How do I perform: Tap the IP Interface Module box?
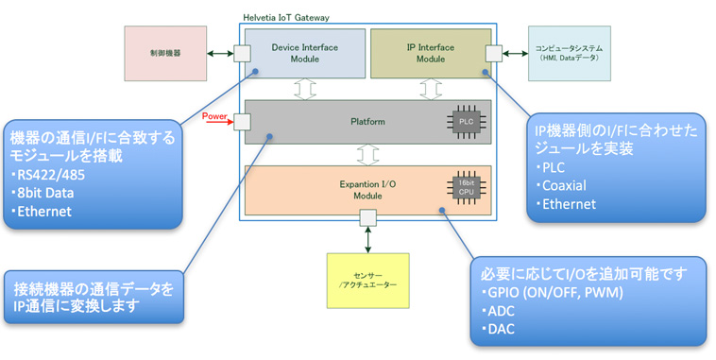tap(430, 53)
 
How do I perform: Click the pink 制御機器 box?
tap(165, 53)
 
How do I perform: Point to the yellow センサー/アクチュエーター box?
tap(367, 280)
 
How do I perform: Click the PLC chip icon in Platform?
tap(466, 122)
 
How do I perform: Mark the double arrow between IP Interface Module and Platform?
tap(431, 88)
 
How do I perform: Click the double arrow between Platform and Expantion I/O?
tap(367, 153)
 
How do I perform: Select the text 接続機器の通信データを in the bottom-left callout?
tap(94, 288)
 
